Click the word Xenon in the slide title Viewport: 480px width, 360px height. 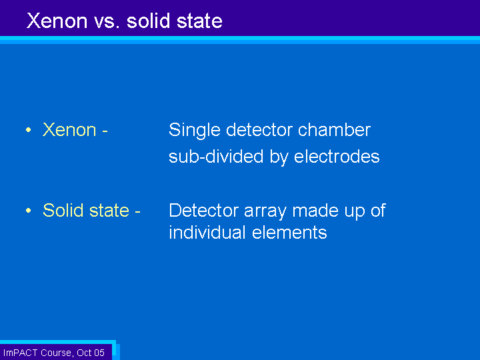click(57, 21)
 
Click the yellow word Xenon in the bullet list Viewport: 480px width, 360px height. click(69, 130)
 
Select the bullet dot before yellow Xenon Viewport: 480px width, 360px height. click(29, 130)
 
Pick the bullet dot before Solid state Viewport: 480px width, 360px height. click(29, 211)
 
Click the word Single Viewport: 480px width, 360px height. click(195, 131)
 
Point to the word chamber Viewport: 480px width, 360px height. click(334, 130)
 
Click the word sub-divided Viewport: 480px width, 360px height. click(216, 157)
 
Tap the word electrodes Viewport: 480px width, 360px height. click(337, 157)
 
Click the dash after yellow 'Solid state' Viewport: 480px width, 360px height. click(137, 211)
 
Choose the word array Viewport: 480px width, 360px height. click(265, 211)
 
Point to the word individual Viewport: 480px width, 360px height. click(207, 233)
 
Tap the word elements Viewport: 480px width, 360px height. click(289, 233)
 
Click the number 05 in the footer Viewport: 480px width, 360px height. click(99, 353)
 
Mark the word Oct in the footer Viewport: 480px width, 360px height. click(83, 353)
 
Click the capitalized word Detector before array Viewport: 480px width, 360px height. click(203, 210)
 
